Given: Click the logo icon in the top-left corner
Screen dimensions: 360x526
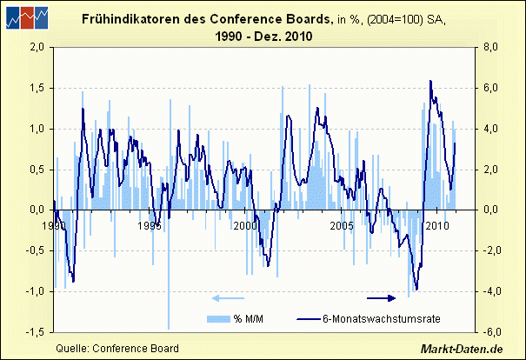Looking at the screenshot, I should click(x=25, y=18).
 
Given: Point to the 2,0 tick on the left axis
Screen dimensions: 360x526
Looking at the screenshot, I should click(x=34, y=48).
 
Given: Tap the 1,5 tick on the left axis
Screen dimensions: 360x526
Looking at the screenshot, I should click(x=34, y=88).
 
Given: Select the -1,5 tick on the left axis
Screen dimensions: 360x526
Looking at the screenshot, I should click(x=32, y=332).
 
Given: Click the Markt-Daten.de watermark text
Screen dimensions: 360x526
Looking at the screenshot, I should click(x=463, y=349).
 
